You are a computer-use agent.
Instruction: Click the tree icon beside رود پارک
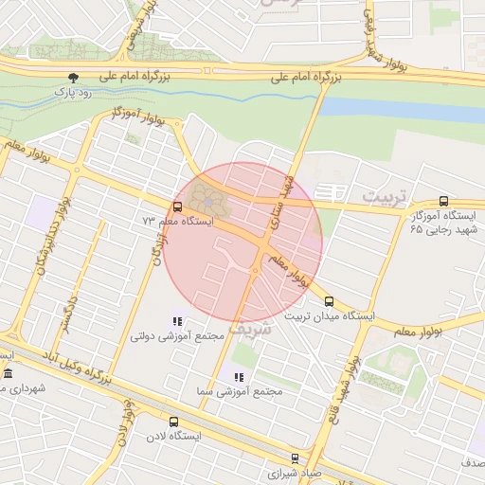[x=74, y=77]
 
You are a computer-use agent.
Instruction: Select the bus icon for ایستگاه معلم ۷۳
[x=178, y=207]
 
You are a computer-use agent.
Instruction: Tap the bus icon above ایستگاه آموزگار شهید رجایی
[x=443, y=202]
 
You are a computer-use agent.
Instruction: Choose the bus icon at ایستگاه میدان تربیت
[x=329, y=302]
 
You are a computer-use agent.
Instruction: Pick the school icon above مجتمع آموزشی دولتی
[x=177, y=321]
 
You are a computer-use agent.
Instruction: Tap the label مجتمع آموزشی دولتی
[x=177, y=335]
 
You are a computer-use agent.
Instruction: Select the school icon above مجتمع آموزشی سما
[x=238, y=377]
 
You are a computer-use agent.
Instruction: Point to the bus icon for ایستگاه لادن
[x=172, y=422]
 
